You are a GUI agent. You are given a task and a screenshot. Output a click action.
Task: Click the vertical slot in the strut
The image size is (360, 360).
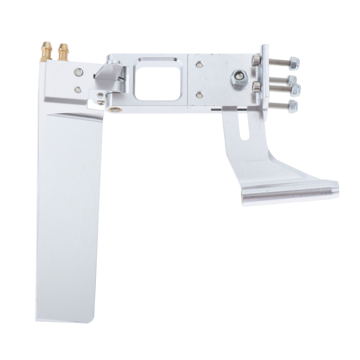click(244, 126)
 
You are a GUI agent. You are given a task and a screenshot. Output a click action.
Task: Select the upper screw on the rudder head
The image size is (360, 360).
click(78, 73)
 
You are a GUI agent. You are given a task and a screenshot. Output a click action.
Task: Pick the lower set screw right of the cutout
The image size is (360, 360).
click(200, 94)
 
